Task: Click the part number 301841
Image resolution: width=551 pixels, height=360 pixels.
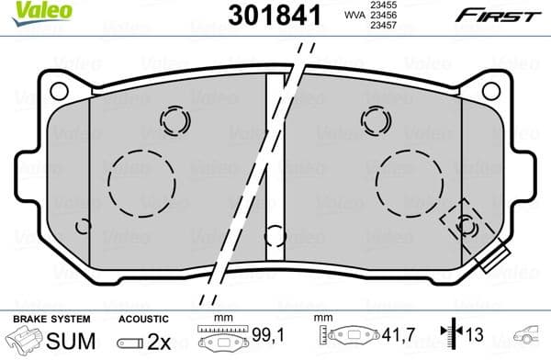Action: coord(266,15)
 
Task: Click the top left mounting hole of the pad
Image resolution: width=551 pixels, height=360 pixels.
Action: coord(59,91)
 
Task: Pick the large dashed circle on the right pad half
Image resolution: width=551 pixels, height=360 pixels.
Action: coord(410,180)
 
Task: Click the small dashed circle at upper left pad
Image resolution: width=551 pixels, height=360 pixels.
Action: coord(173,119)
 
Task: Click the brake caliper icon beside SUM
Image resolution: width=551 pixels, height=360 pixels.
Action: coord(25,340)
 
